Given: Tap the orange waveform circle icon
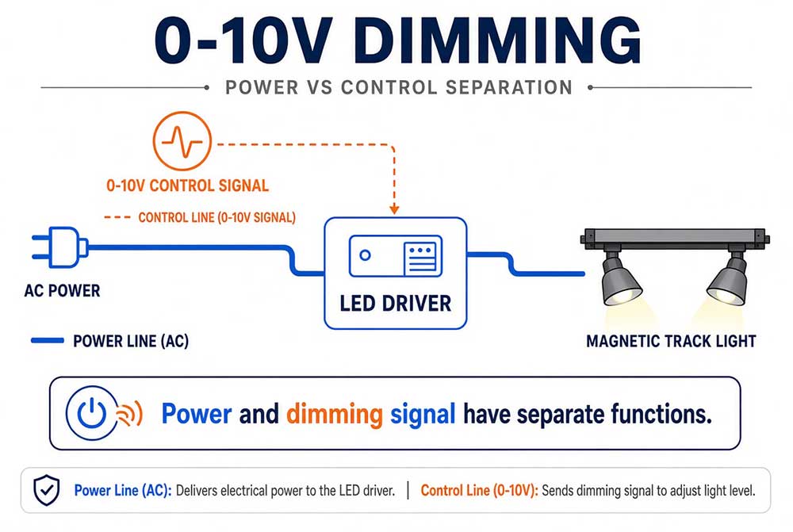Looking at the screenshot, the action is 182,141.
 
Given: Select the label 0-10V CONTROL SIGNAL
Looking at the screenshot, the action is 187,186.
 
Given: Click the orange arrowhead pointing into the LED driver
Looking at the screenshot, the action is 394,209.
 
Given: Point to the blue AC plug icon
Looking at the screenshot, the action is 59,247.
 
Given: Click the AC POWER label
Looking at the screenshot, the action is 62,291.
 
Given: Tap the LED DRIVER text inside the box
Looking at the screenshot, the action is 396,304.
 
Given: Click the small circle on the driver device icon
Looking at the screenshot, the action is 365,255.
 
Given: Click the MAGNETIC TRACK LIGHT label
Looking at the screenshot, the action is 671,342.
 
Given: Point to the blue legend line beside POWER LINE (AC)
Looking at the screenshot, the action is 48,340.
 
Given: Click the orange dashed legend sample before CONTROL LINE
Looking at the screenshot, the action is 117,217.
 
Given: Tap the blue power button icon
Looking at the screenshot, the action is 91,412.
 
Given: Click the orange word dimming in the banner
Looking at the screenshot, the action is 335,414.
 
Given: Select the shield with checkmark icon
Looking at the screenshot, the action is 47,490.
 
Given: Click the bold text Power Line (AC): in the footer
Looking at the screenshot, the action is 123,491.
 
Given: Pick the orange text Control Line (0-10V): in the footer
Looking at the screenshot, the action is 480,491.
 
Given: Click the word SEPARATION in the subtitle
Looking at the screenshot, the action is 509,87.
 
